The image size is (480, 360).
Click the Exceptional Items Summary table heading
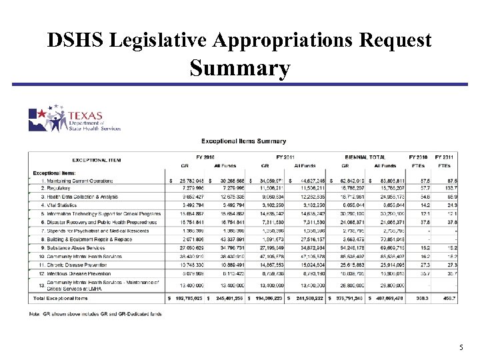tap(243, 141)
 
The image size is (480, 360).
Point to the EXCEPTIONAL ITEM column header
tap(97, 160)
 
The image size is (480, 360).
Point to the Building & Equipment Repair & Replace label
tap(84, 239)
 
